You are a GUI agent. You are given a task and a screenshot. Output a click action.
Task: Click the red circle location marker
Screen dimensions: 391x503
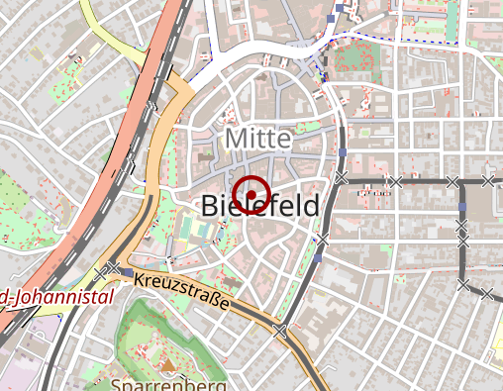click(253, 193)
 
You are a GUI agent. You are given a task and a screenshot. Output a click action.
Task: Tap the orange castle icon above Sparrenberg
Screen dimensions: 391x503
click(165, 365)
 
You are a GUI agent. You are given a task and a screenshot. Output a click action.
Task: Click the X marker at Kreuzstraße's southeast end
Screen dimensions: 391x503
click(280, 331)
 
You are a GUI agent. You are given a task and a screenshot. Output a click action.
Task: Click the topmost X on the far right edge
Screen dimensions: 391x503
click(487, 181)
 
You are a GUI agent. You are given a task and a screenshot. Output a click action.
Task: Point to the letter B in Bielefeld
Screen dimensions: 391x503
click(209, 207)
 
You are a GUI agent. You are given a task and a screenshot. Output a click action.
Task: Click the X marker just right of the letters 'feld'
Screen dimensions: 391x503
click(322, 240)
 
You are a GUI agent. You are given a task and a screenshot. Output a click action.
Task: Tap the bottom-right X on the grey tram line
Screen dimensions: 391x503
click(487, 293)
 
